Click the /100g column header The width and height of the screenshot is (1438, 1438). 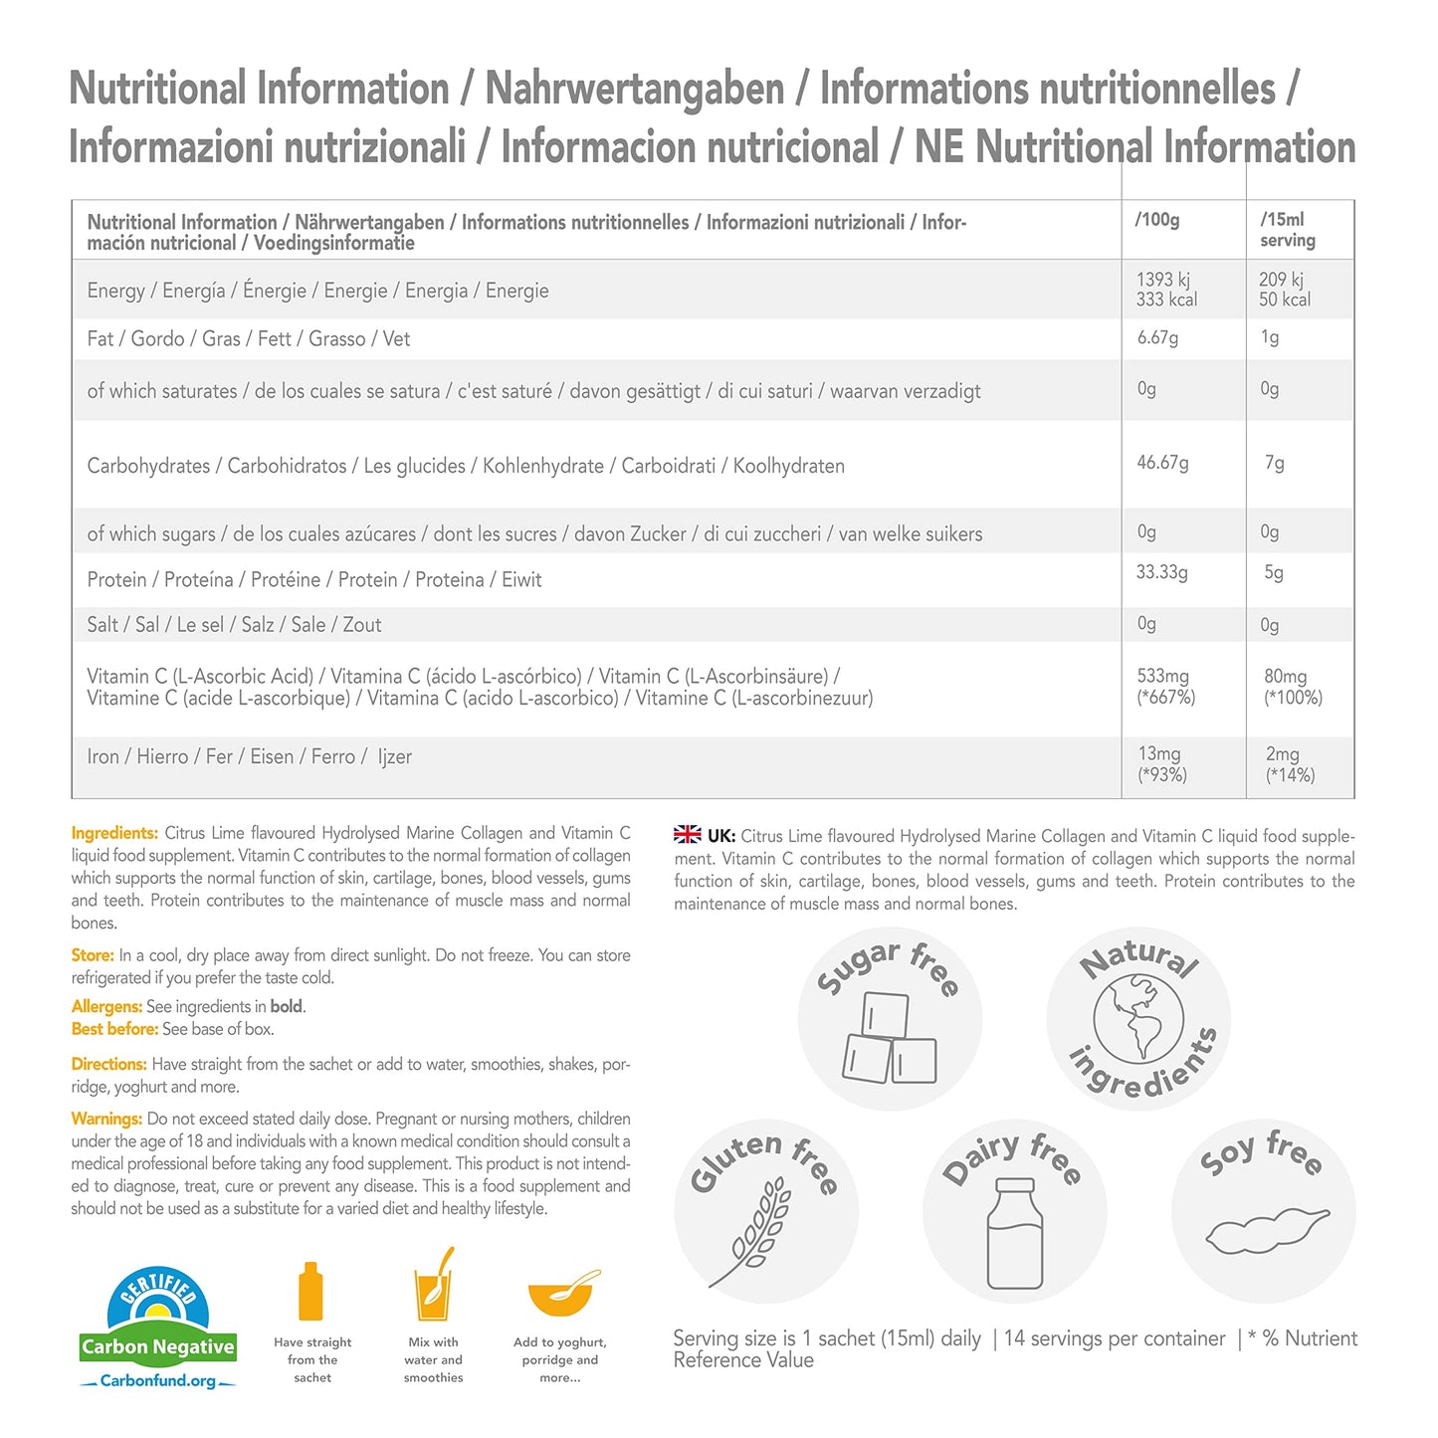click(1157, 220)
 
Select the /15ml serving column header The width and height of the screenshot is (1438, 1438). click(1287, 230)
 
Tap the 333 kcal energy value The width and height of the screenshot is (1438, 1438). click(1166, 300)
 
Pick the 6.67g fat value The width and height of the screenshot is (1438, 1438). click(1157, 337)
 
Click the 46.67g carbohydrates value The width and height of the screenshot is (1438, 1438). click(1162, 463)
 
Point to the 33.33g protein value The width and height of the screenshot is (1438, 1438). click(1161, 572)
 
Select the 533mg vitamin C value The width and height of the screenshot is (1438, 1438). click(1162, 677)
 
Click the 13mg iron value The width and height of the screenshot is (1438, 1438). click(1158, 754)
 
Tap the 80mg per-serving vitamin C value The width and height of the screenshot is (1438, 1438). click(1285, 677)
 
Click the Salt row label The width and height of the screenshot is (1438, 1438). click(234, 625)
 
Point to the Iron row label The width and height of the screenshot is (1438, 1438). click(249, 757)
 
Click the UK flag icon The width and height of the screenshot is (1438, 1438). click(687, 835)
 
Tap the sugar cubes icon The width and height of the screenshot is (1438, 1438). click(890, 1039)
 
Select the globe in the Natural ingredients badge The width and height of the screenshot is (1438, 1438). click(1138, 1020)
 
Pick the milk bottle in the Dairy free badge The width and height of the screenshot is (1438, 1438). click(1015, 1234)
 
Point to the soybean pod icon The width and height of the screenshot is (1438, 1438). click(1267, 1231)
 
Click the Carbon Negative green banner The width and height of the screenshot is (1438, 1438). click(158, 1347)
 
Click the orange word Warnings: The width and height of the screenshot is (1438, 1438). click(106, 1120)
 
